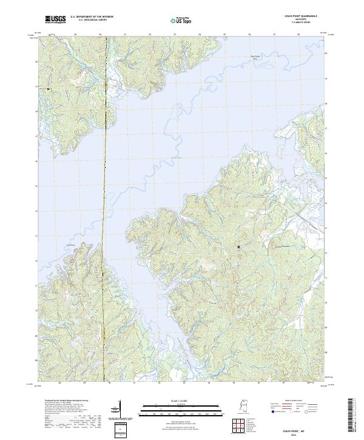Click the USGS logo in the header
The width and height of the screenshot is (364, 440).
coord(55,20)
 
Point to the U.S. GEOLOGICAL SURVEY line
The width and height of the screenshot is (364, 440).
coord(92,21)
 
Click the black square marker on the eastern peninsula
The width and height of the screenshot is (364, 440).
coord(239,246)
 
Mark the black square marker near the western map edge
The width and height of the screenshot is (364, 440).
coord(48,89)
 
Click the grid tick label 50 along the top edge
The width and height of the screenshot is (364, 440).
coord(100,35)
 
